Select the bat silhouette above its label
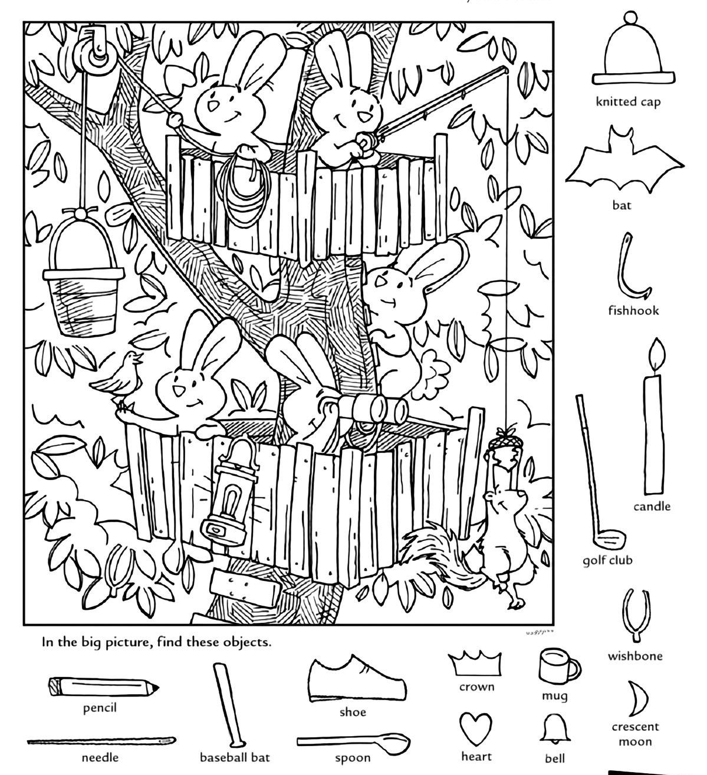tap(624, 162)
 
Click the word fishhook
tap(633, 310)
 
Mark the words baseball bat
tap(235, 758)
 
